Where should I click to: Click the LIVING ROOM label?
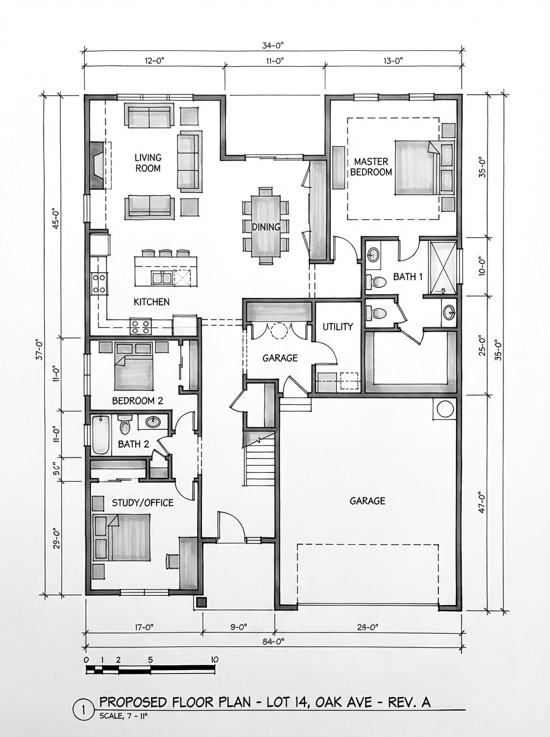[147, 163]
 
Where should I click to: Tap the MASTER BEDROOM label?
[371, 166]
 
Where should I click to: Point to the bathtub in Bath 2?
[101, 435]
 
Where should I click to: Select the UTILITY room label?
[338, 327]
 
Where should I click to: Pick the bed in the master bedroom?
[416, 167]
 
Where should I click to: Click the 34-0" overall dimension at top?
[274, 44]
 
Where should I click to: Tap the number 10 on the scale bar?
[214, 660]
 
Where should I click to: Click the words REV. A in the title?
[409, 702]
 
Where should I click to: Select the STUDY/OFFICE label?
[142, 503]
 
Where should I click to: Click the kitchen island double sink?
[162, 278]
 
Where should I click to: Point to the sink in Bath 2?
[153, 423]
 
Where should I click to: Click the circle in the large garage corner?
[444, 408]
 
